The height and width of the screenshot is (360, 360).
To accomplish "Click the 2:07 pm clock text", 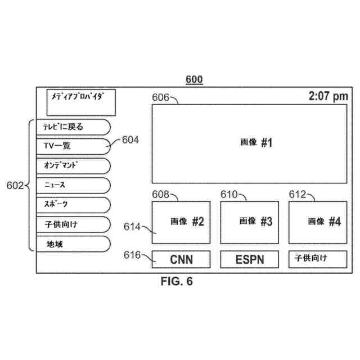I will click(x=328, y=97).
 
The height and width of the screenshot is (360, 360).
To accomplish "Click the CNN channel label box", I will click(x=181, y=259).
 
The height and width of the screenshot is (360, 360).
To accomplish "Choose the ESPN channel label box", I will click(x=250, y=259).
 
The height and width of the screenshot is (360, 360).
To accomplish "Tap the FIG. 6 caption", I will click(x=176, y=282).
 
